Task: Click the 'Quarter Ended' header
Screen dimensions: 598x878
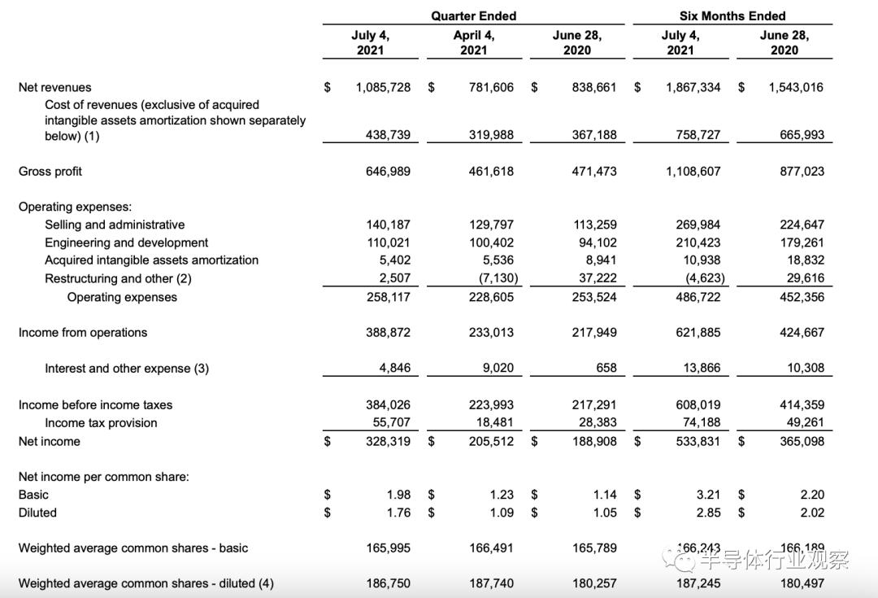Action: tap(473, 16)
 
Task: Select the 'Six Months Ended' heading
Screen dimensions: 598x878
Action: tap(732, 16)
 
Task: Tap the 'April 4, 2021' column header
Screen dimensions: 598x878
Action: tap(473, 42)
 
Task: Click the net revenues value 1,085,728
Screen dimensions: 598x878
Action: tap(383, 87)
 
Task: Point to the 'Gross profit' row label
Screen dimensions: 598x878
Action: tap(50, 172)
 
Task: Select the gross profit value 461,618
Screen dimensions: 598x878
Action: tap(491, 172)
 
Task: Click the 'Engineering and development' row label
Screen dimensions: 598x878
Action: tap(126, 242)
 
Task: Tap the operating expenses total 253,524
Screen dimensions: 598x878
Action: tap(594, 297)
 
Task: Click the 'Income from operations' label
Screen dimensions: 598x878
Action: tap(83, 333)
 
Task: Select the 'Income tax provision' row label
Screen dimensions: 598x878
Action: tap(101, 423)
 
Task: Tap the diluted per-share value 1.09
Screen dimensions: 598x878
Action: tap(502, 513)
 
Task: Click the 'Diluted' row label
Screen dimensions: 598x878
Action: tap(37, 513)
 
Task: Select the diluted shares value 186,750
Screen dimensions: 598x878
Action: tap(388, 583)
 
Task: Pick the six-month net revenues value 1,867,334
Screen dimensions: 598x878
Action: tap(693, 87)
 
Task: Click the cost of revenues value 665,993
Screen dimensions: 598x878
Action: tap(802, 135)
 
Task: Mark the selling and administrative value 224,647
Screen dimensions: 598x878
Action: tap(802, 225)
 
